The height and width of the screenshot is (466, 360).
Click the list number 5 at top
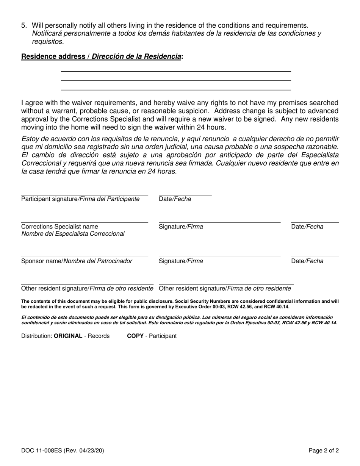click(x=24, y=25)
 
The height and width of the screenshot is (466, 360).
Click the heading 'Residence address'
click(x=53, y=56)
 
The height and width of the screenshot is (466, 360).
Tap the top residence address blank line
click(x=176, y=71)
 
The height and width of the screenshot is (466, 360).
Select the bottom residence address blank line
click(x=176, y=90)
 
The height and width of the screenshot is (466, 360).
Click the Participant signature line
click(x=85, y=195)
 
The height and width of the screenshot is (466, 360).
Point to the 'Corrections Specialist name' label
click(x=59, y=227)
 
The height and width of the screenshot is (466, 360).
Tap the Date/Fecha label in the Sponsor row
click(x=307, y=261)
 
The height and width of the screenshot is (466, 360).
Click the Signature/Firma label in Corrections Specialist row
click(x=181, y=227)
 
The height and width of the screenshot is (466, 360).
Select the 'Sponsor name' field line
click(x=85, y=256)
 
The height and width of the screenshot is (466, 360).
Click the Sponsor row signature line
click(x=219, y=256)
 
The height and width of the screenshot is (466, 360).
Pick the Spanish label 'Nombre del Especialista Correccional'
click(x=73, y=234)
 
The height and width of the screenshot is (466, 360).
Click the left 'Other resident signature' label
click(x=87, y=289)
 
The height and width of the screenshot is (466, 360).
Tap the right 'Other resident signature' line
click(x=226, y=284)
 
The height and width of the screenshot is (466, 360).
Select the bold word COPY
click(x=135, y=336)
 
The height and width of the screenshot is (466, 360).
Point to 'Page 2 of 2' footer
click(x=324, y=450)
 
